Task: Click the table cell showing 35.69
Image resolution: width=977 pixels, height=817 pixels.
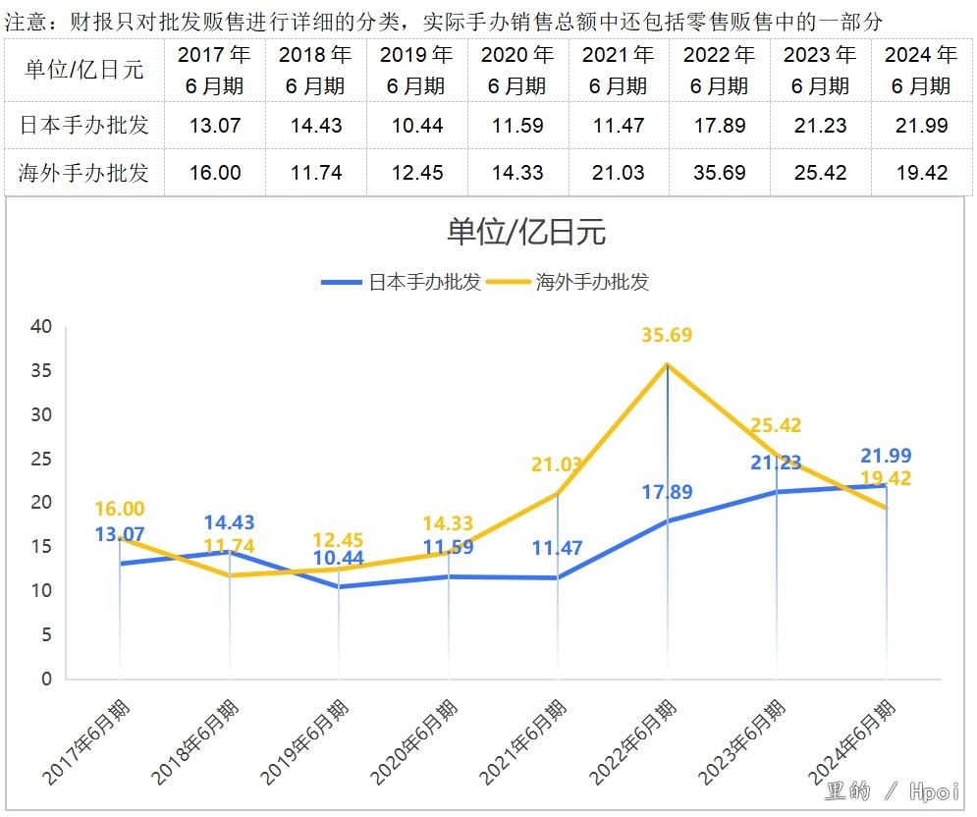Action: point(719,173)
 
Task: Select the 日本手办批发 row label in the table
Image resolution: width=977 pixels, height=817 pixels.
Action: point(83,126)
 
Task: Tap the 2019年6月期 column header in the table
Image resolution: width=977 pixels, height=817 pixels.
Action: point(416,70)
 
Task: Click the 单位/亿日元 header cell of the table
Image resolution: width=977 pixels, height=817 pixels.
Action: point(83,70)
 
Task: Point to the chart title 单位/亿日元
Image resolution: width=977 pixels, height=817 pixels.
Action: point(526,232)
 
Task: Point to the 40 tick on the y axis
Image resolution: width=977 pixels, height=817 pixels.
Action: point(40,327)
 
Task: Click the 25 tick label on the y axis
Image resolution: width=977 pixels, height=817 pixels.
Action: point(40,459)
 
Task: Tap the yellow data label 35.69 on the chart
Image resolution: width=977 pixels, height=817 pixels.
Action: point(667,336)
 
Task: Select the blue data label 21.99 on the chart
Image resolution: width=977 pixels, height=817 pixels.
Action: point(886,456)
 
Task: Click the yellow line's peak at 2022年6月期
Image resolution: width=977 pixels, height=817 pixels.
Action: point(668,364)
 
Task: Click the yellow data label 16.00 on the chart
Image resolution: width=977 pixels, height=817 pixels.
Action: point(120,509)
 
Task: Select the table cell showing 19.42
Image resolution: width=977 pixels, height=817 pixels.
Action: point(921,173)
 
